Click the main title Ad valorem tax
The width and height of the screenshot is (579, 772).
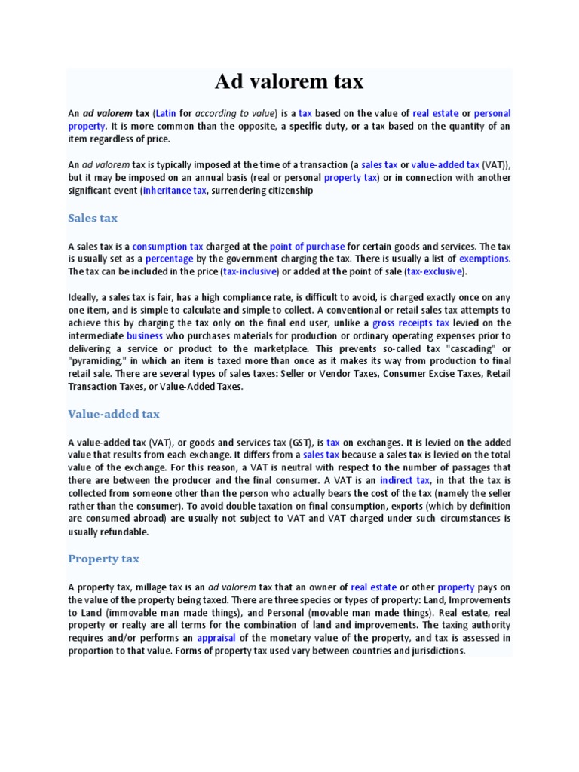(x=289, y=81)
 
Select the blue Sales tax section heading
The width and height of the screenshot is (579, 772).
(x=93, y=218)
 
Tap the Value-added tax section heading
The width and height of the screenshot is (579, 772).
(x=114, y=414)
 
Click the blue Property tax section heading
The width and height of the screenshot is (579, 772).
(x=103, y=559)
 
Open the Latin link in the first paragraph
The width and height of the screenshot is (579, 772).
(x=166, y=113)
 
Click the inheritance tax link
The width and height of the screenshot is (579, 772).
(x=174, y=191)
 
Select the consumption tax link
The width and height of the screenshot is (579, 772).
(x=168, y=246)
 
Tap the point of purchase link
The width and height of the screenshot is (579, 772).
(x=307, y=246)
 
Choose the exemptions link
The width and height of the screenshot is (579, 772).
(x=485, y=259)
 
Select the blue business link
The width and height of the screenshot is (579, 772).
(x=145, y=335)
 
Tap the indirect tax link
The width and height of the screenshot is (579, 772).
(x=405, y=480)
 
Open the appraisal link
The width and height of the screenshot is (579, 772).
(x=216, y=638)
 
